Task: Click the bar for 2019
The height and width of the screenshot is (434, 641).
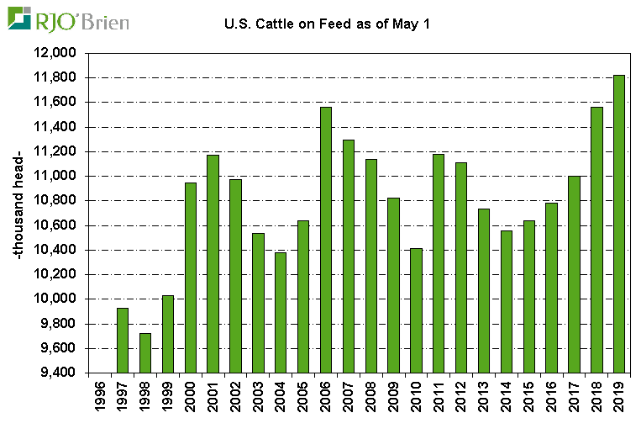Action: pyautogui.click(x=619, y=224)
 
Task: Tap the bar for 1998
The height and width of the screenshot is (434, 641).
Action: pyautogui.click(x=145, y=353)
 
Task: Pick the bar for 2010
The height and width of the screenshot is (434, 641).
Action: pyautogui.click(x=417, y=310)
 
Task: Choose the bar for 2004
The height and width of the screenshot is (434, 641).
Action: pyautogui.click(x=281, y=313)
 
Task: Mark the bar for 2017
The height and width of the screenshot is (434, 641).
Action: pyautogui.click(x=575, y=274)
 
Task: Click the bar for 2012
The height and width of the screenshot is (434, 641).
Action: pyautogui.click(x=462, y=267)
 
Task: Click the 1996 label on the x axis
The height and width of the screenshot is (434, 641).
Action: pyautogui.click(x=101, y=402)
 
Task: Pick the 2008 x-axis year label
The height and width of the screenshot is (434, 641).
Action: pyautogui.click(x=371, y=402)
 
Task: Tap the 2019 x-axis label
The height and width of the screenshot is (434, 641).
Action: pyautogui.click(x=620, y=402)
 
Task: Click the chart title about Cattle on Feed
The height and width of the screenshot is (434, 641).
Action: pyautogui.click(x=327, y=24)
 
